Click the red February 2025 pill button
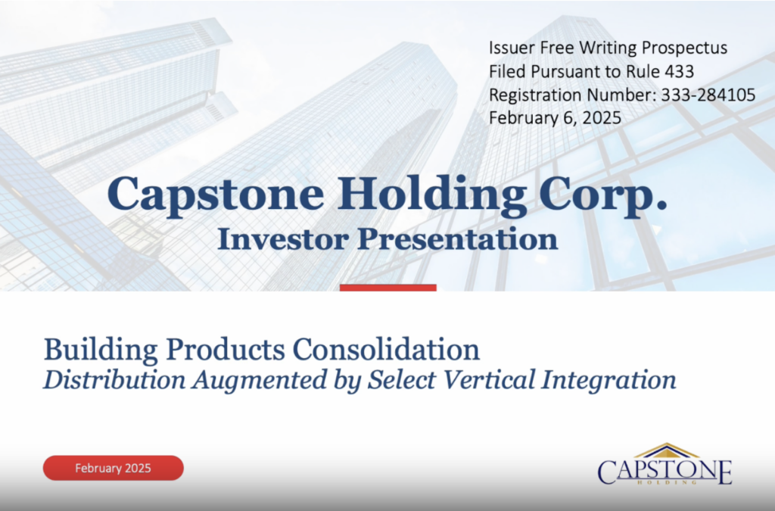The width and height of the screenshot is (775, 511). pos(113,468)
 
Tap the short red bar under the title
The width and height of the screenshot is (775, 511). pos(387,288)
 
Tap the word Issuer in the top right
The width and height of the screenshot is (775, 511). pos(510,48)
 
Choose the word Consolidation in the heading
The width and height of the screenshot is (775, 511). pos(386,350)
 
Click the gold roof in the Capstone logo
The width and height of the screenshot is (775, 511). pos(666,451)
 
